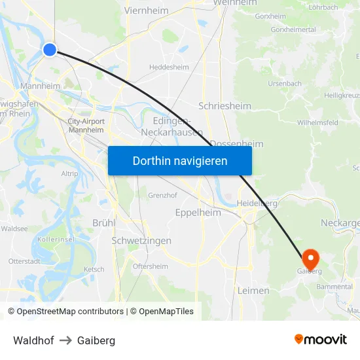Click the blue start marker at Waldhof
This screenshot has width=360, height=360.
click(x=50, y=49)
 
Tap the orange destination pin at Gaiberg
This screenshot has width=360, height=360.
click(x=310, y=257)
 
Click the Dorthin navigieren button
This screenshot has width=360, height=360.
click(x=180, y=160)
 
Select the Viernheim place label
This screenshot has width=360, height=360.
click(x=146, y=10)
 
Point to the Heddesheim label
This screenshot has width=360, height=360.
click(x=169, y=67)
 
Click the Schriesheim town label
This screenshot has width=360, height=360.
click(x=221, y=105)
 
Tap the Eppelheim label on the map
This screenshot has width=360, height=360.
click(x=198, y=213)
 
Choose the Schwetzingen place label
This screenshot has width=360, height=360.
click(x=141, y=241)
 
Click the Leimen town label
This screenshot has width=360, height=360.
click(x=253, y=290)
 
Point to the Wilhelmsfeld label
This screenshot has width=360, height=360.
click(x=317, y=122)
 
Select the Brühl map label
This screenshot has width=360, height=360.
click(x=103, y=223)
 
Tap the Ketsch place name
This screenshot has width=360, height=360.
click(x=94, y=269)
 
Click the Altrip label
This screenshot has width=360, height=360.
click(x=69, y=173)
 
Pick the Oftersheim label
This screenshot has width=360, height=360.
click(x=150, y=266)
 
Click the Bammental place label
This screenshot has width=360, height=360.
click(x=334, y=287)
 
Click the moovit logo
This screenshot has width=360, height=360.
click(x=321, y=340)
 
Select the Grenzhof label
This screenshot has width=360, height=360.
click(x=164, y=195)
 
